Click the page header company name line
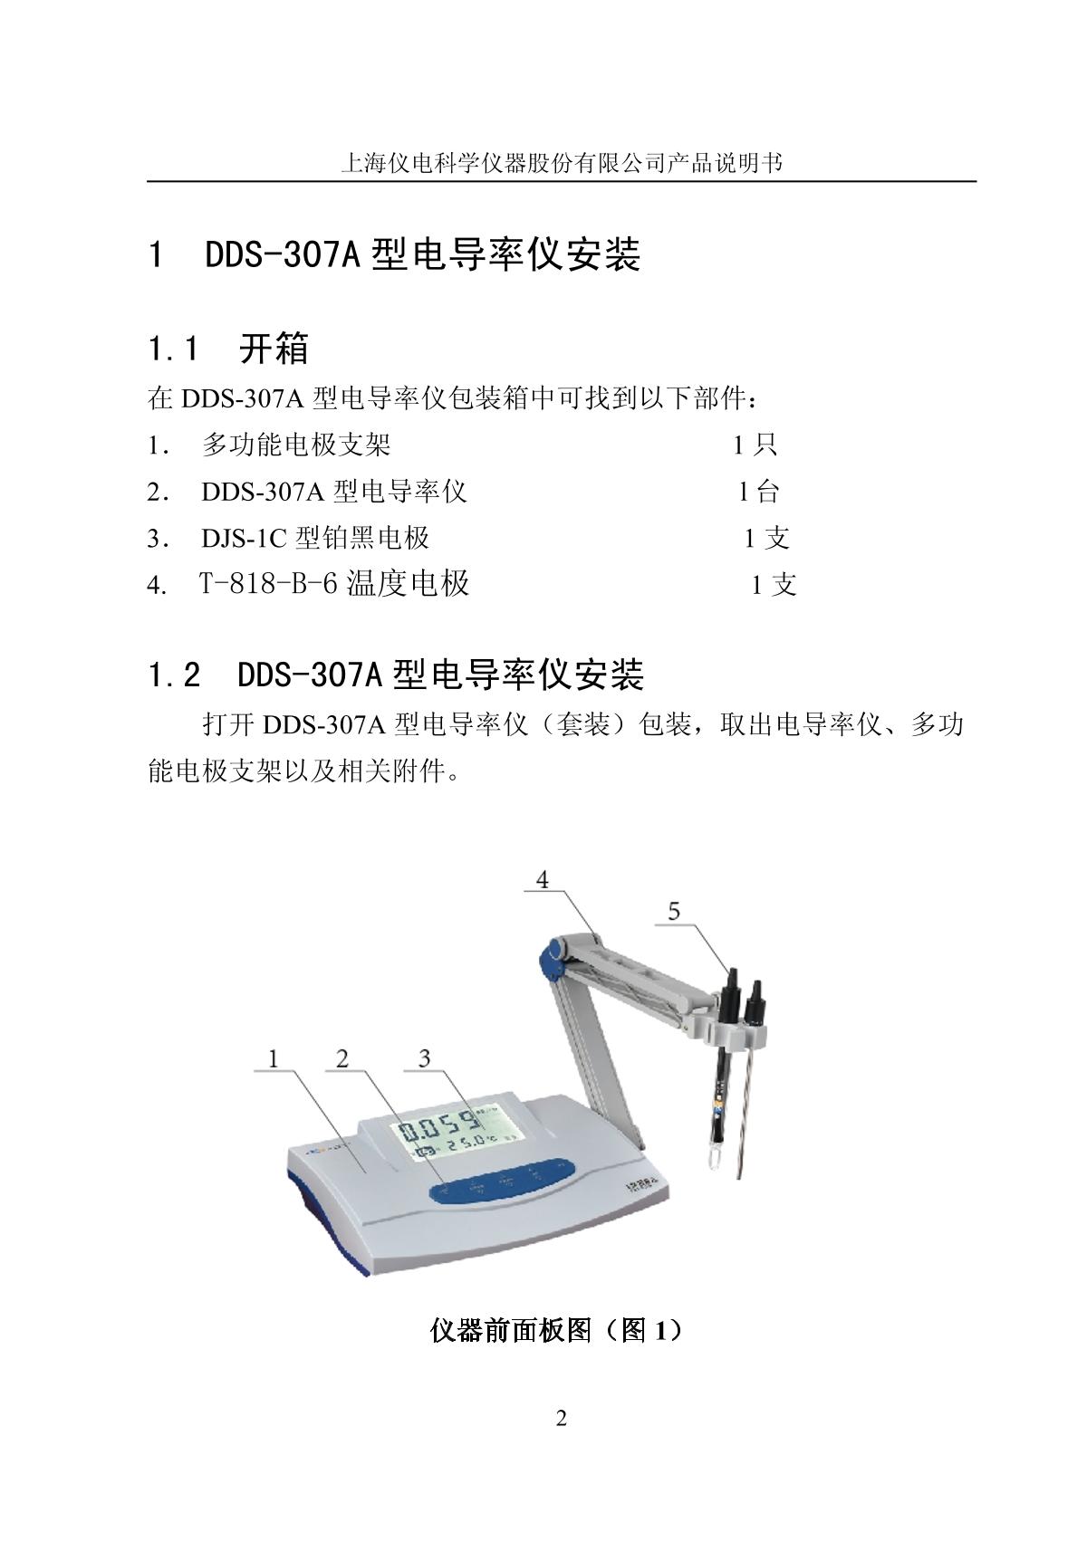pos(561,164)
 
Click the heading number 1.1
pos(173,348)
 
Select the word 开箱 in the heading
pos(274,348)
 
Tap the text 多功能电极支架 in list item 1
pos(296,445)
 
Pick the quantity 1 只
pos(755,445)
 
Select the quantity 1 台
pos(758,492)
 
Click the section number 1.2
pos(174,675)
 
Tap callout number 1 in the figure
pos(274,1058)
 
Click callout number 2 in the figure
pos(342,1058)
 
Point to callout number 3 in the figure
pos(425,1058)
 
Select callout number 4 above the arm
pos(543,879)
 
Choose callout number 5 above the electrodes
pos(674,911)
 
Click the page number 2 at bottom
pos(561,1418)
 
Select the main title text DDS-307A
pos(283,254)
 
